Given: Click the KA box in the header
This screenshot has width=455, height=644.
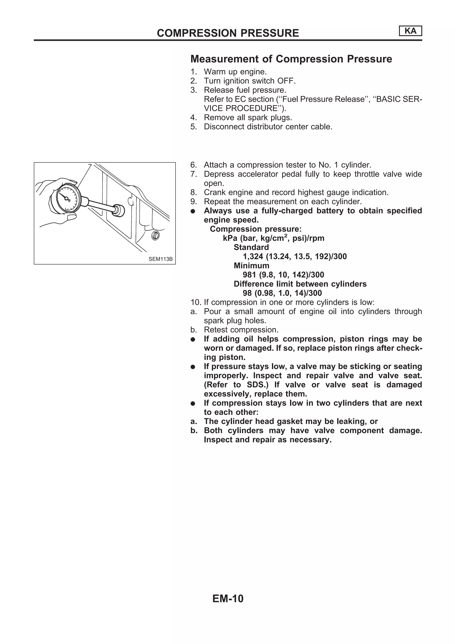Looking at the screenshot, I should tap(410, 31).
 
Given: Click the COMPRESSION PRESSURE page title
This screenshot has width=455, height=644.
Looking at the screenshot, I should tap(228, 33).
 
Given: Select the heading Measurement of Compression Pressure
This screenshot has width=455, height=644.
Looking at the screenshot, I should tap(291, 59).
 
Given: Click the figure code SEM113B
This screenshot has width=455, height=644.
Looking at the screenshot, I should tap(160, 259).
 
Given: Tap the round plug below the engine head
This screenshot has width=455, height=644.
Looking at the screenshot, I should tap(155, 236).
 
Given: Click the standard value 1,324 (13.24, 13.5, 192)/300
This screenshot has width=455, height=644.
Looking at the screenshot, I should tap(294, 256).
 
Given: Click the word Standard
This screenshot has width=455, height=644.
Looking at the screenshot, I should tap(251, 247).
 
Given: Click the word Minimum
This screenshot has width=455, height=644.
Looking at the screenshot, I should tap(251, 266).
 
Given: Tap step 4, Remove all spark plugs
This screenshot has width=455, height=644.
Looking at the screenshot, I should tap(248, 117).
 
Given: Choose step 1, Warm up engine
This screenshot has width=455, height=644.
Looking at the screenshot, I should tap(235, 72).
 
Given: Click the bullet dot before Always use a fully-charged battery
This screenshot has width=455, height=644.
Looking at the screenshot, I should tap(193, 211).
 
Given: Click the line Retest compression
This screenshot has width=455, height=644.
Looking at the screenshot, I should tap(241, 330).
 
